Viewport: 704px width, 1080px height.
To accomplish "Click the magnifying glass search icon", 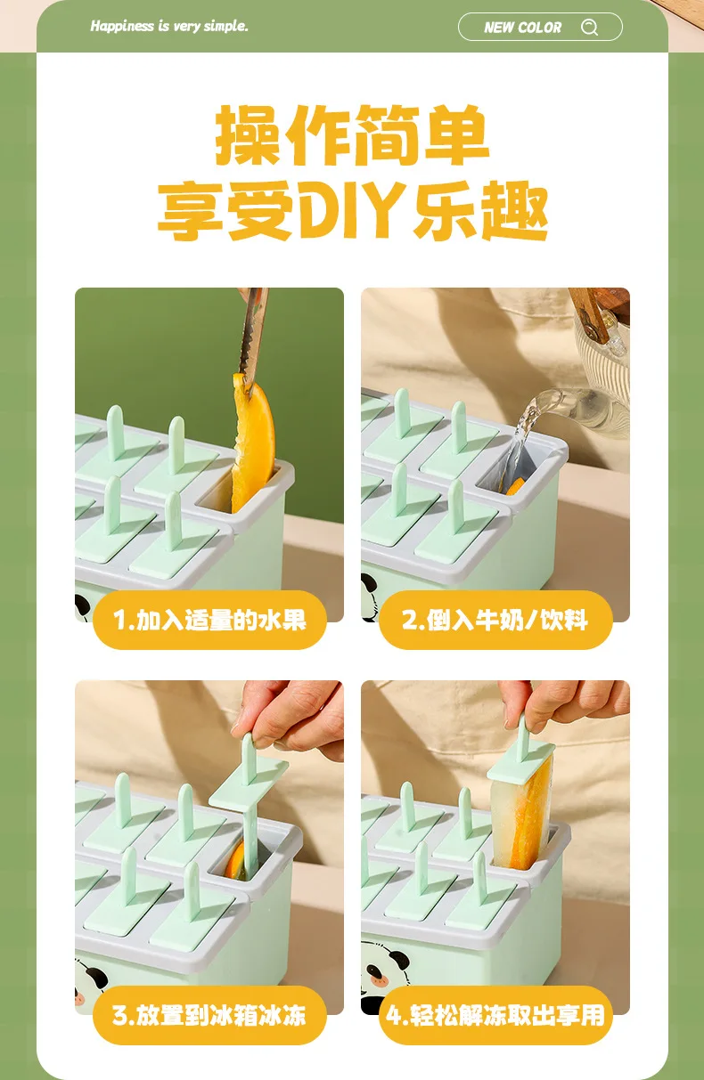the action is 590,27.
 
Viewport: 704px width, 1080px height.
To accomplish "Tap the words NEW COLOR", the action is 522,28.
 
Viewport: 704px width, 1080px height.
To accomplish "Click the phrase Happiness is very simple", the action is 169,26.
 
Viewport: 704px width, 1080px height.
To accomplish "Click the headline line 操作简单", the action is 352,134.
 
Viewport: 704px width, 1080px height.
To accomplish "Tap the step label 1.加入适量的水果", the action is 209,620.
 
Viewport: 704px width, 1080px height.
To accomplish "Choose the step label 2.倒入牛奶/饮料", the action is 495,620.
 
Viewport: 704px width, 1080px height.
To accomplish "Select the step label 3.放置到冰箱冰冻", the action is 209,1015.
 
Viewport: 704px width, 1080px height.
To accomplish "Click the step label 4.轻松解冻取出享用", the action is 495,1015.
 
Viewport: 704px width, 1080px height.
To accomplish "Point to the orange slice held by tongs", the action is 253,441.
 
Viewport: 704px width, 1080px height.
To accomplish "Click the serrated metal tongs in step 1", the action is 253,337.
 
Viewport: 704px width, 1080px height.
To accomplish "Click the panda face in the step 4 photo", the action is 386,969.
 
